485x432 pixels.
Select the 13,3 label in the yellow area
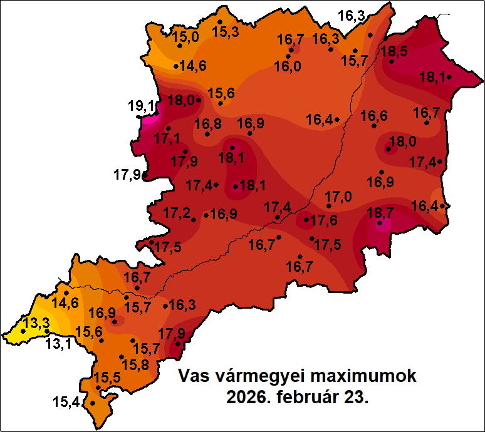point(36,324)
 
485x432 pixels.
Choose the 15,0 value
point(185,37)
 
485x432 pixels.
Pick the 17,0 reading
point(338,197)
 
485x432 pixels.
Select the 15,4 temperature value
point(66,403)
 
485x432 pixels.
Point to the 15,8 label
point(135,364)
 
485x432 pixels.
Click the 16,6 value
point(373,116)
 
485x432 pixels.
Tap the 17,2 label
point(177,213)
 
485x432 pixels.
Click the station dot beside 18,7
point(380,222)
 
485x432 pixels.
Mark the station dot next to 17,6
point(306,220)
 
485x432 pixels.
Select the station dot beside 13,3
point(24,331)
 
